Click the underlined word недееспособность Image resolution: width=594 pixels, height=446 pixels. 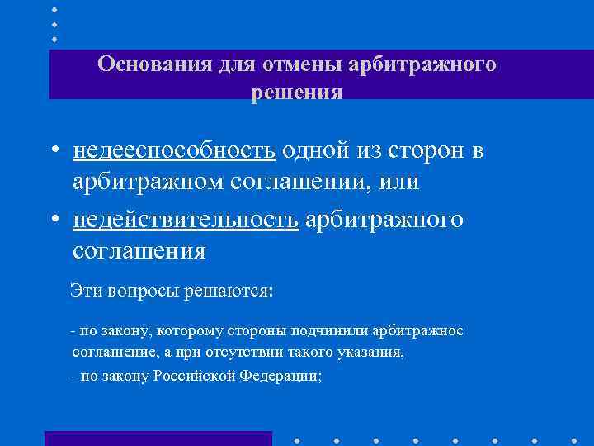[x=174, y=152]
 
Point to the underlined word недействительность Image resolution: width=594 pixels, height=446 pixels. [x=186, y=220]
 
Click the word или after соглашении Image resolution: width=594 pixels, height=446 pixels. [x=398, y=183]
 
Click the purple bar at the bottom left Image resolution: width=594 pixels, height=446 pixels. [x=158, y=438]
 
